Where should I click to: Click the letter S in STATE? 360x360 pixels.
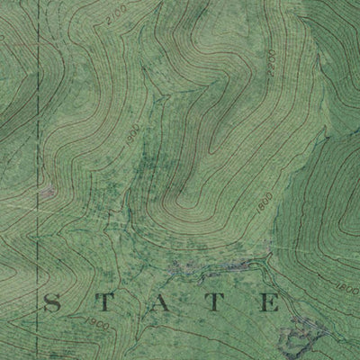[51, 303]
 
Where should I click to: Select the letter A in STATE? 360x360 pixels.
[163, 303]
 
